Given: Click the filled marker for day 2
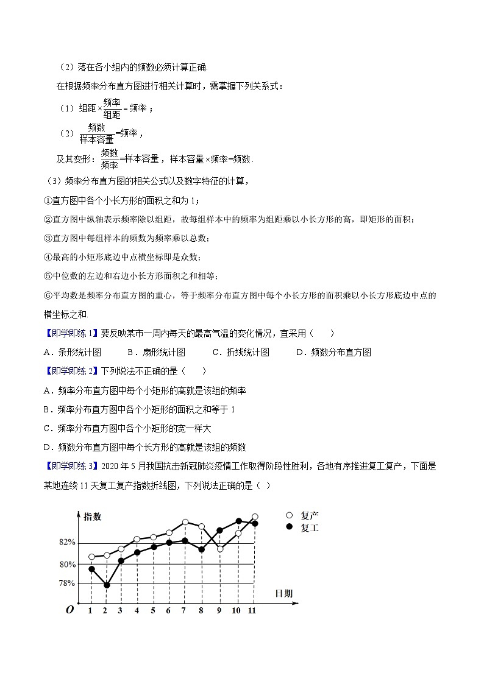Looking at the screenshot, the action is [x=107, y=585].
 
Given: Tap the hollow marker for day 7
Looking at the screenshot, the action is [x=185, y=522].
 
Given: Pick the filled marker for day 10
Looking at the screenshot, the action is [x=238, y=521].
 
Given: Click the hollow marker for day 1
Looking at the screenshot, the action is [x=91, y=557].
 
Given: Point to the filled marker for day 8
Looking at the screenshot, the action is [x=201, y=549].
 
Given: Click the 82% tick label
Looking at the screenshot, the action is [x=67, y=542].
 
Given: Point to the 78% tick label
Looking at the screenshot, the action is [x=67, y=583].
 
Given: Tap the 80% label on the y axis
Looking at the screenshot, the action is [x=67, y=563].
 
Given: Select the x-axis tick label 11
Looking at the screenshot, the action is [x=252, y=610].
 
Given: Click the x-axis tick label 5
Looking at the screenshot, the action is [x=152, y=610].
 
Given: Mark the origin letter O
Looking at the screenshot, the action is [x=69, y=610].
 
